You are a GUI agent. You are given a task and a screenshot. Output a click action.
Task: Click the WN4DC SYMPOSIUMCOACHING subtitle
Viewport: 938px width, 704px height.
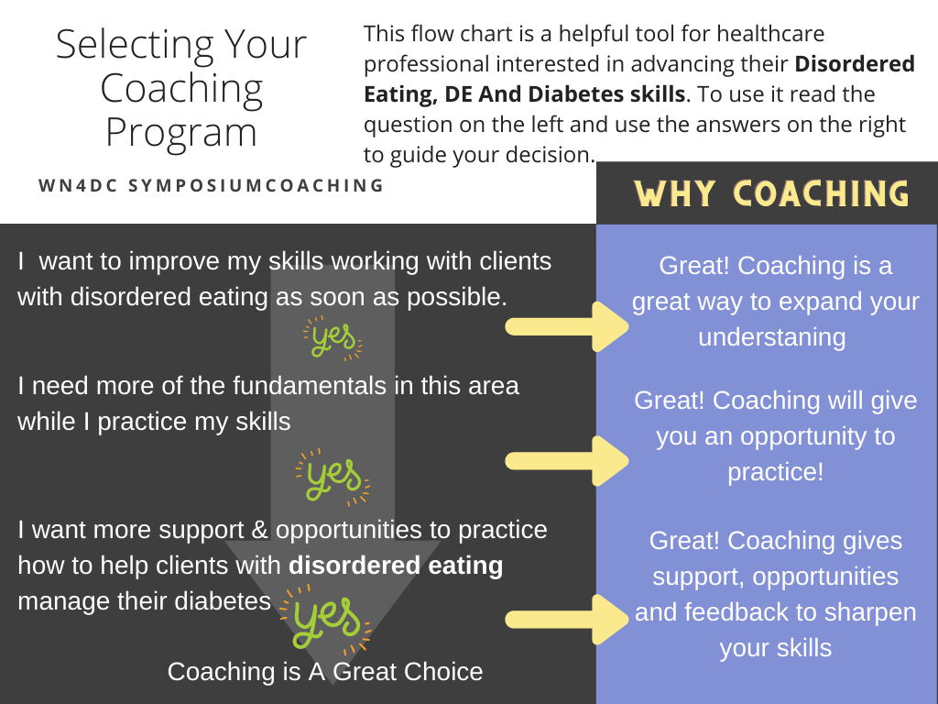[x=212, y=185]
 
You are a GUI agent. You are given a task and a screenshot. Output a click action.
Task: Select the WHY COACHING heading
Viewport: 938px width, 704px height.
[x=771, y=193]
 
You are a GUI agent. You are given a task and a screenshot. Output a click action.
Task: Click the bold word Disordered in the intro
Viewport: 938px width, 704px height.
[x=855, y=63]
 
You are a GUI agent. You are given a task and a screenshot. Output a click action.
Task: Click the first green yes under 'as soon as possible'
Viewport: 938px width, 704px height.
[x=333, y=339]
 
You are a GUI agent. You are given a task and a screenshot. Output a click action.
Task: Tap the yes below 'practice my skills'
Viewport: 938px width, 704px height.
[x=333, y=478]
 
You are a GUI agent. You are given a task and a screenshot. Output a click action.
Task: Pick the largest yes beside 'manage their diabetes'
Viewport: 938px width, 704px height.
[x=325, y=621]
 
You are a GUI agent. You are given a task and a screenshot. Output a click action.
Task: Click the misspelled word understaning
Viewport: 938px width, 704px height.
[x=771, y=337]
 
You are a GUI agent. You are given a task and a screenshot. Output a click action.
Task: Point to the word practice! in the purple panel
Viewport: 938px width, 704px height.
[x=775, y=472]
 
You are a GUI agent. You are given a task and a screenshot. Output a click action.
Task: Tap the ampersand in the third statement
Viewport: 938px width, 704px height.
[x=259, y=530]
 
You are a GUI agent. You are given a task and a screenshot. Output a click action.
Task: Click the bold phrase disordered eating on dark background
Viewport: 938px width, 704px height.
[x=396, y=566]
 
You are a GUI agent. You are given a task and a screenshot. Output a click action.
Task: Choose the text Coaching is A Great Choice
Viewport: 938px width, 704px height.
[x=325, y=672]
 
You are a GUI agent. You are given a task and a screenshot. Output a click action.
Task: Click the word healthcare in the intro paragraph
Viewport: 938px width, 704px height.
[x=770, y=34]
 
